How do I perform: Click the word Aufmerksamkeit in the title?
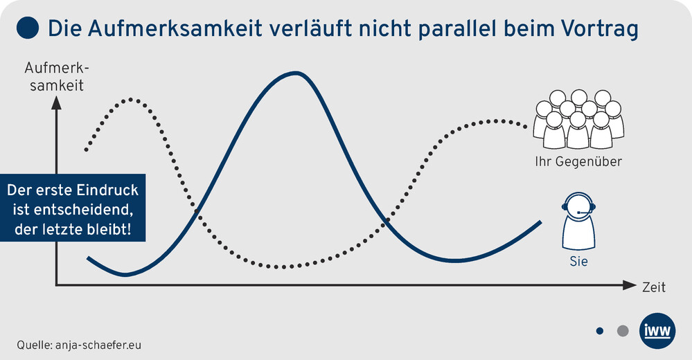pyautogui.click(x=175, y=28)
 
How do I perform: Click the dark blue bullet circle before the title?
pyautogui.click(x=28, y=28)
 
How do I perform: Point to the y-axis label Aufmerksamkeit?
pyautogui.click(x=57, y=77)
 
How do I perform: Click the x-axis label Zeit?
pyautogui.click(x=654, y=287)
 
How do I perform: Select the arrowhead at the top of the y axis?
pyautogui.click(x=57, y=103)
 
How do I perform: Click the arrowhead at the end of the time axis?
pyautogui.click(x=630, y=285)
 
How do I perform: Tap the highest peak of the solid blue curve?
pyautogui.click(x=296, y=73)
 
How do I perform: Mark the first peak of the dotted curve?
pyautogui.click(x=131, y=100)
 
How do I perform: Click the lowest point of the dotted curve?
pyautogui.click(x=283, y=267)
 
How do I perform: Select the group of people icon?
pyautogui.click(x=578, y=119)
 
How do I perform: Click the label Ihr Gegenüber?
pyautogui.click(x=578, y=161)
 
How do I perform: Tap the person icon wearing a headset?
pyautogui.click(x=578, y=221)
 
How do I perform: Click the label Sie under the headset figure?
pyautogui.click(x=578, y=261)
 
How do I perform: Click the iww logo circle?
pyautogui.click(x=657, y=331)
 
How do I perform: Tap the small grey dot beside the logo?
pyautogui.click(x=623, y=331)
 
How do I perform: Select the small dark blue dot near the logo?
pyautogui.click(x=599, y=331)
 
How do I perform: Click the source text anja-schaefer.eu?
pyautogui.click(x=98, y=345)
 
